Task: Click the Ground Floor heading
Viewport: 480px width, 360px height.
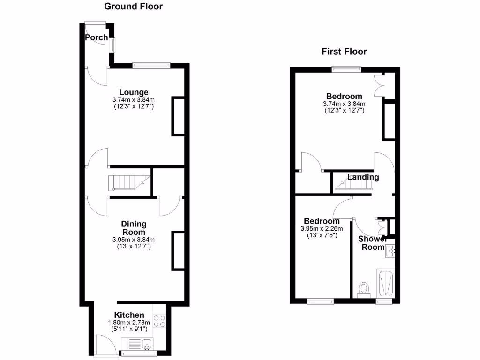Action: tap(134, 7)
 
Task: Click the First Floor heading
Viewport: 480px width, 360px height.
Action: tap(344, 52)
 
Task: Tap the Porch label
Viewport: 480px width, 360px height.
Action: tap(97, 37)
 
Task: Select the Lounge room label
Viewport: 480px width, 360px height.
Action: tap(134, 92)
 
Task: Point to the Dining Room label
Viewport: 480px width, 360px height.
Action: tap(134, 228)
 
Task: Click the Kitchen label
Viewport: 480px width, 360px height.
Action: tap(129, 315)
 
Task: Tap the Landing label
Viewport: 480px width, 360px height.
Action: tap(363, 177)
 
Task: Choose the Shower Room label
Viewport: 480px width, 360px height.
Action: tap(373, 243)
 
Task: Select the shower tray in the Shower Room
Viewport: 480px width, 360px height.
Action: tap(385, 283)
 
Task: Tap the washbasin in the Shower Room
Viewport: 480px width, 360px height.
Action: tap(390, 253)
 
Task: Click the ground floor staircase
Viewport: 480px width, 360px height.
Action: tap(127, 182)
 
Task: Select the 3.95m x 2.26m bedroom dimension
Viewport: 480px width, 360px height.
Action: tap(322, 229)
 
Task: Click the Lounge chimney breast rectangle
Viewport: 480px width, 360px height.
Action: tap(178, 116)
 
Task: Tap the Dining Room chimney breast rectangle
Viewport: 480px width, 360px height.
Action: tap(178, 251)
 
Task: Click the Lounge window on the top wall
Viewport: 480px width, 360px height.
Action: tap(150, 65)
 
